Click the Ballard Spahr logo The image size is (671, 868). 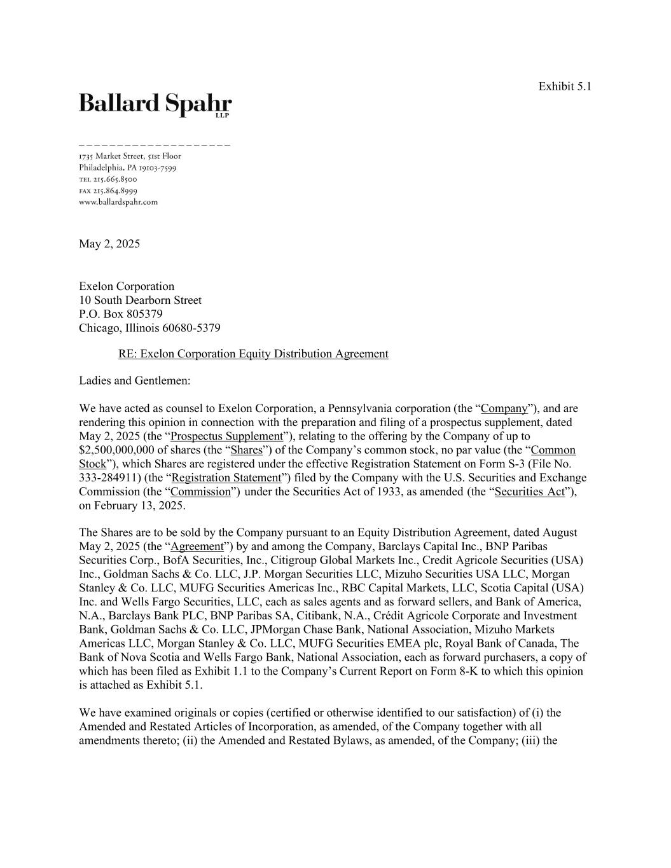click(x=155, y=104)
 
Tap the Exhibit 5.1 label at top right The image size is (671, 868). click(x=564, y=86)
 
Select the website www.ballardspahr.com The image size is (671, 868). click(x=118, y=202)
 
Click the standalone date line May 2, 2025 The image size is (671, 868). click(x=109, y=244)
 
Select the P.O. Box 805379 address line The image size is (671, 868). click(x=121, y=314)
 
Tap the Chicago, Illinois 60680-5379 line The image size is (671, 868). click(x=149, y=328)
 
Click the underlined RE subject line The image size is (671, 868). click(x=253, y=354)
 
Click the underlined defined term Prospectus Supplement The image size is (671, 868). click(x=226, y=436)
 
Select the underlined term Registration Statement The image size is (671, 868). click(x=226, y=478)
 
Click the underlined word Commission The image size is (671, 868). click(x=200, y=492)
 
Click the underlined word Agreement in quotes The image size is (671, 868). click(x=197, y=546)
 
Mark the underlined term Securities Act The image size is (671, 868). click(x=529, y=492)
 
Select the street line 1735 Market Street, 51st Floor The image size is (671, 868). click(x=130, y=156)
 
